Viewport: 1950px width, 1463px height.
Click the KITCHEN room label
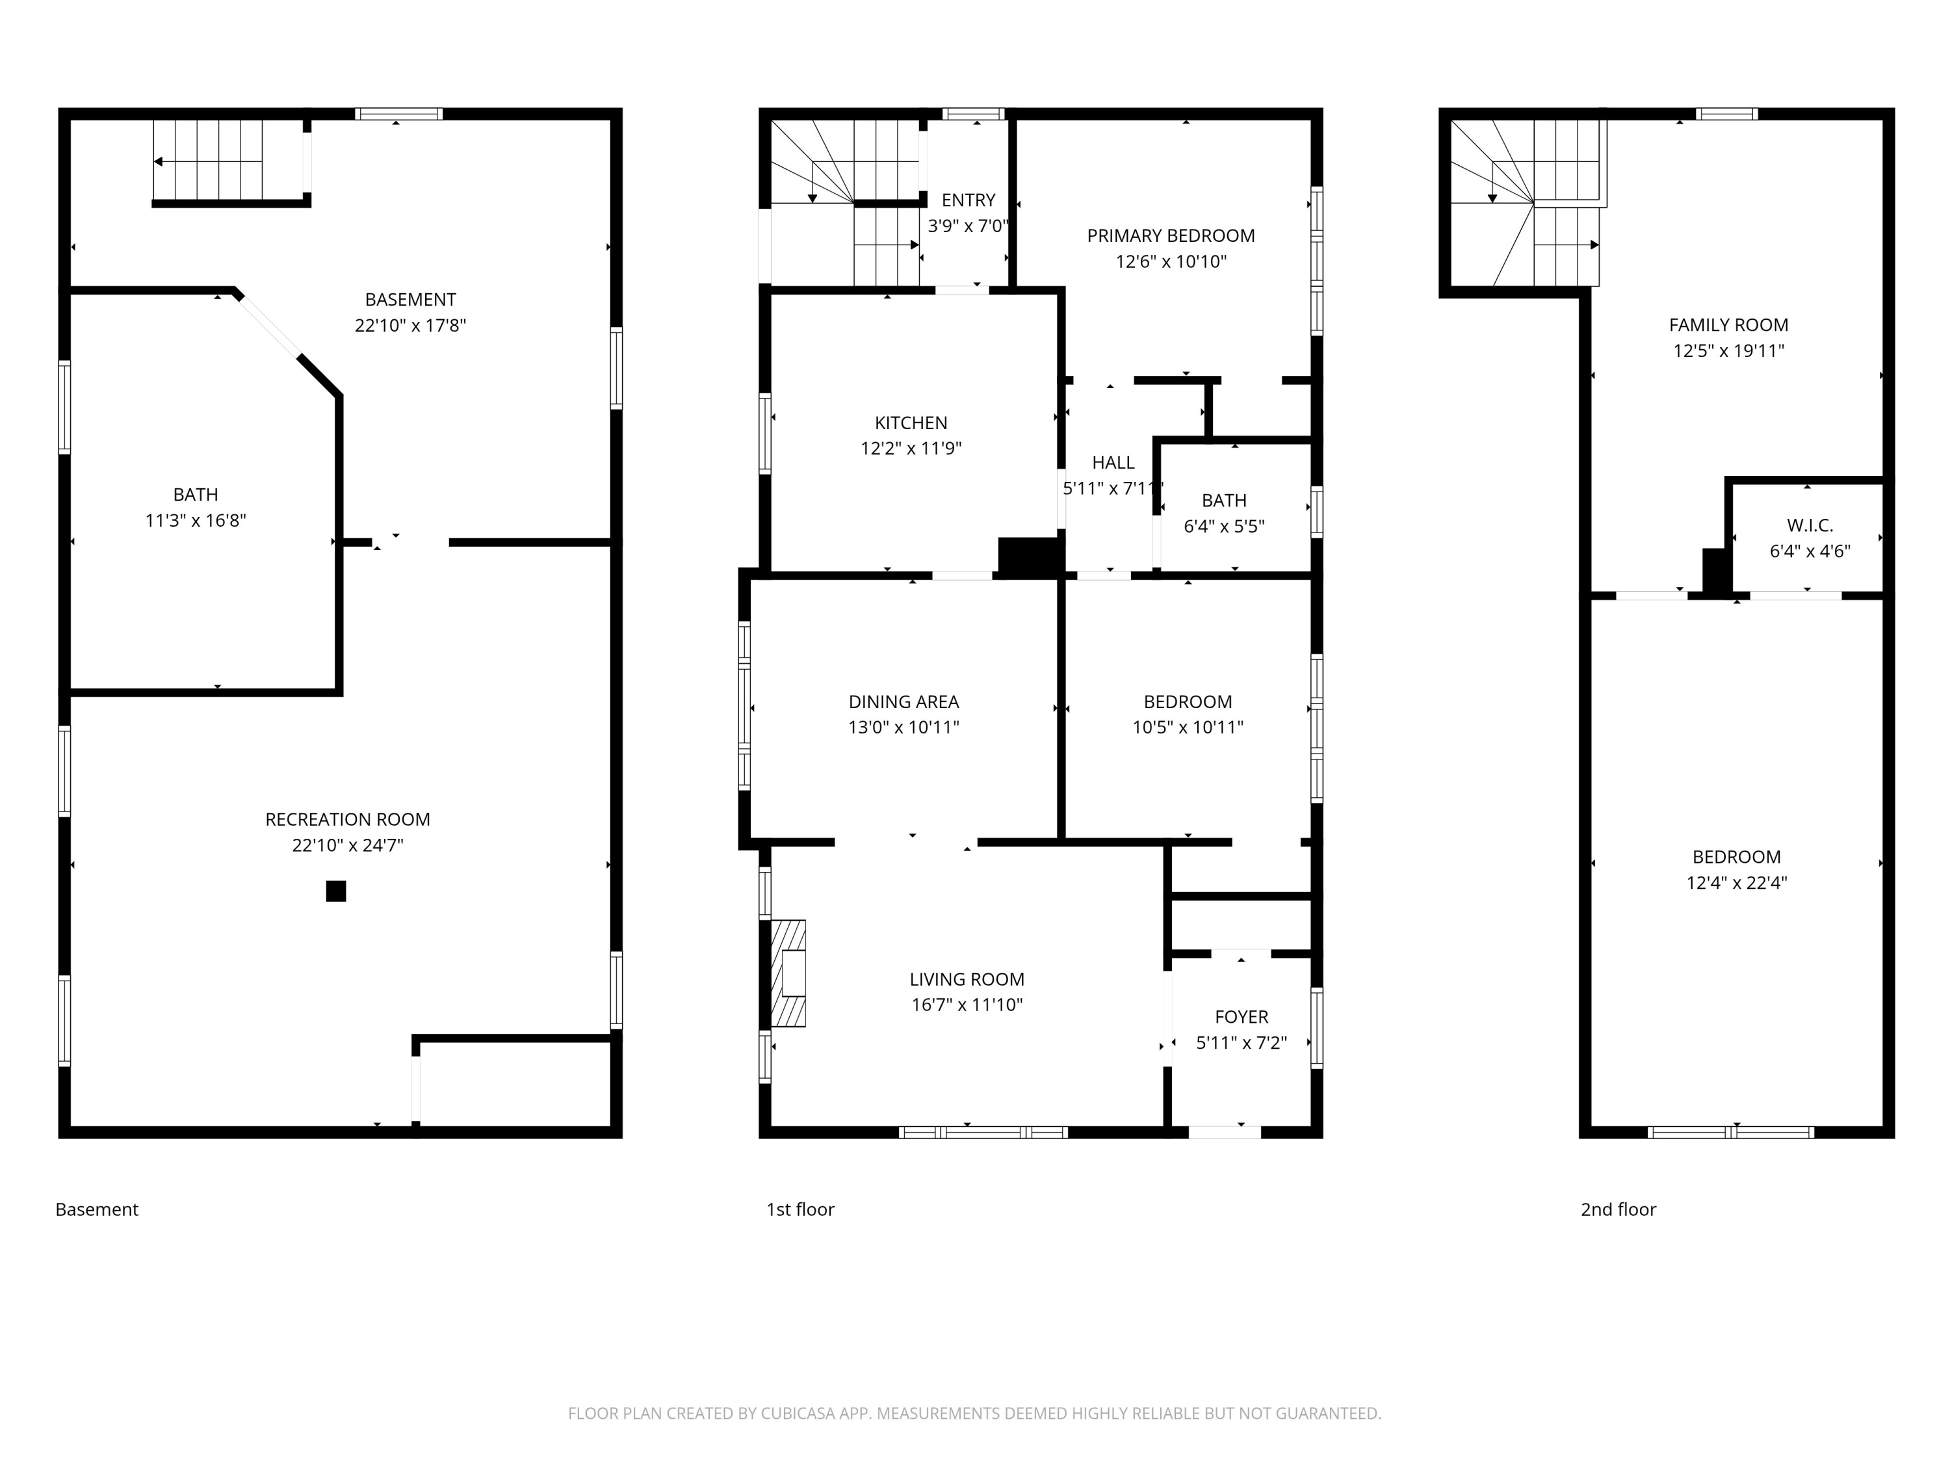pos(911,423)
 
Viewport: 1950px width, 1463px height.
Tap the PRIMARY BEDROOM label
pos(1171,235)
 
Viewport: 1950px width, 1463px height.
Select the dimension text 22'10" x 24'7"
pos(348,845)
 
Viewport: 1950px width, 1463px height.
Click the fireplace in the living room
pos(788,973)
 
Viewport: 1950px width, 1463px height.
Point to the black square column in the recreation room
pos(336,891)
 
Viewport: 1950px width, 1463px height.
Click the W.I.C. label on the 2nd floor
pos(1810,525)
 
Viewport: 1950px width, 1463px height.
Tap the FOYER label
pos(1241,1017)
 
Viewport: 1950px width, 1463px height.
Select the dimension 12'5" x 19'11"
pos(1729,350)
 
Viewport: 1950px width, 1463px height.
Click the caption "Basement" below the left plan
pos(97,1209)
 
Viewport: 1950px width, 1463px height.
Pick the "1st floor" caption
pos(800,1209)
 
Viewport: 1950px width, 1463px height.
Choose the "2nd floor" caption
pos(1618,1209)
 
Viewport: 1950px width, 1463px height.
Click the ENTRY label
pos(968,200)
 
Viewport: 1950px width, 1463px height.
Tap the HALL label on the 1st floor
pos(1113,463)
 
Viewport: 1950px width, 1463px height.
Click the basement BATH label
pos(196,495)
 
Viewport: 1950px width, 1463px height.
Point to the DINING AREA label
pos(903,702)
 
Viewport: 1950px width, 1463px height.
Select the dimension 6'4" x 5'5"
pos(1223,527)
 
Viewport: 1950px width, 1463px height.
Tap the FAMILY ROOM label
pos(1729,324)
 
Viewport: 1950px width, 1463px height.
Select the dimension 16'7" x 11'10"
pos(967,1005)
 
